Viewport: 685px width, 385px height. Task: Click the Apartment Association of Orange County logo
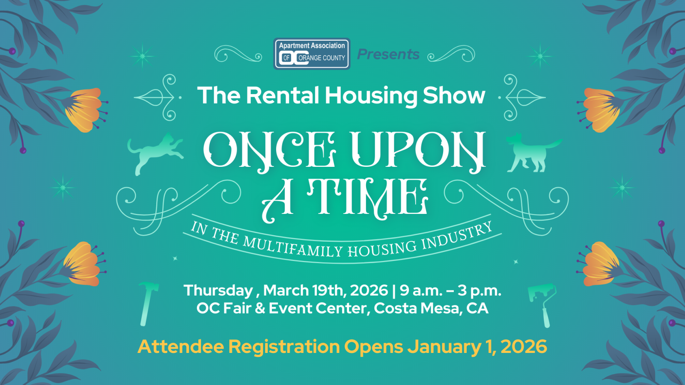[312, 54]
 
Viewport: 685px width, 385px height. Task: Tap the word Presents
[388, 54]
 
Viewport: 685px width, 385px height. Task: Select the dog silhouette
[534, 152]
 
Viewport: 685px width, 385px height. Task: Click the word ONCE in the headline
[270, 150]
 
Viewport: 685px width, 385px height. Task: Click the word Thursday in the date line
[218, 290]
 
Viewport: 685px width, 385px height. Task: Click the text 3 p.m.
[479, 290]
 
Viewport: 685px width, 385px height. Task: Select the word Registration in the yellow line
[284, 347]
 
